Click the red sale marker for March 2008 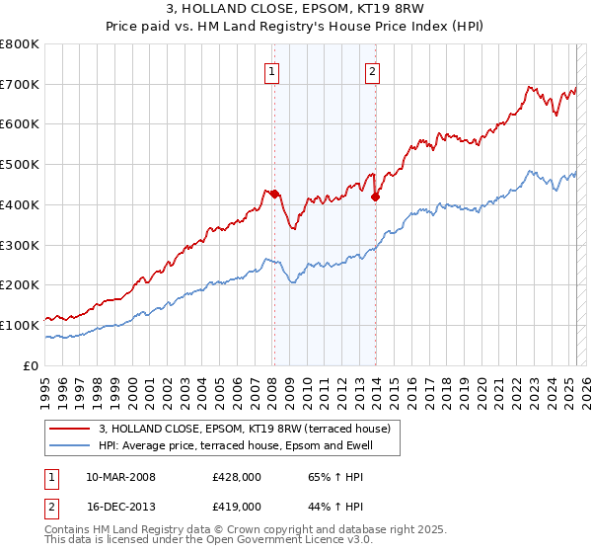274,194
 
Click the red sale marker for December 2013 375,197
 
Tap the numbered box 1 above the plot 270,70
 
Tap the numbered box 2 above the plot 372,70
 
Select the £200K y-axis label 20,285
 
